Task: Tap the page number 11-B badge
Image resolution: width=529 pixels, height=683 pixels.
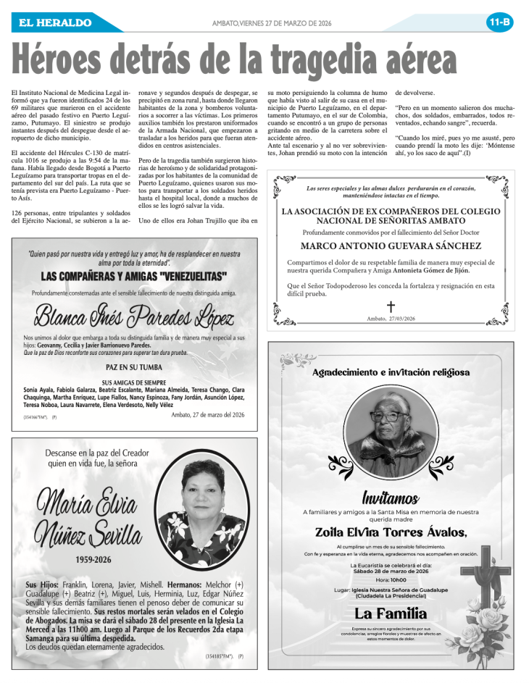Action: pyautogui.click(x=499, y=22)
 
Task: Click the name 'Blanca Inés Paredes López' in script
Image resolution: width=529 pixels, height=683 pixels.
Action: pyautogui.click(x=134, y=316)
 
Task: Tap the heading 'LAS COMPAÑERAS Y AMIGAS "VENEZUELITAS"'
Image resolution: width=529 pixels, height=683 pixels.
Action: pyautogui.click(x=134, y=277)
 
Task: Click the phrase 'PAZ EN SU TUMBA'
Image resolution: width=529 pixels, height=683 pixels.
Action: pyautogui.click(x=134, y=367)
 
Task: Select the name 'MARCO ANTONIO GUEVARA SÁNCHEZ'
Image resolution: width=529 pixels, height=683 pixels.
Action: pyautogui.click(x=391, y=246)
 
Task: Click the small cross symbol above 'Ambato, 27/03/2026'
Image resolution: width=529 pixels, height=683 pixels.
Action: pyautogui.click(x=391, y=306)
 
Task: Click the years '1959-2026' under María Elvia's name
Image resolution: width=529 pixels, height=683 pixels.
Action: pyautogui.click(x=93, y=560)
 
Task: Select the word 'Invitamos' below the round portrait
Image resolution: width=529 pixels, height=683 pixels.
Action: pyautogui.click(x=391, y=498)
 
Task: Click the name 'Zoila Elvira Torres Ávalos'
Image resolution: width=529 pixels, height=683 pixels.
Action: pyautogui.click(x=391, y=532)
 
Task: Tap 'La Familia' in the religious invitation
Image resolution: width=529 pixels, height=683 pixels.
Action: pyautogui.click(x=391, y=615)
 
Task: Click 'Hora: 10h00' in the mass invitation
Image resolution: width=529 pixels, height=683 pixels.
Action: pyautogui.click(x=391, y=579)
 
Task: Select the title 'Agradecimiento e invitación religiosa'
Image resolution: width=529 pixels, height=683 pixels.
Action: pyautogui.click(x=391, y=372)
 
